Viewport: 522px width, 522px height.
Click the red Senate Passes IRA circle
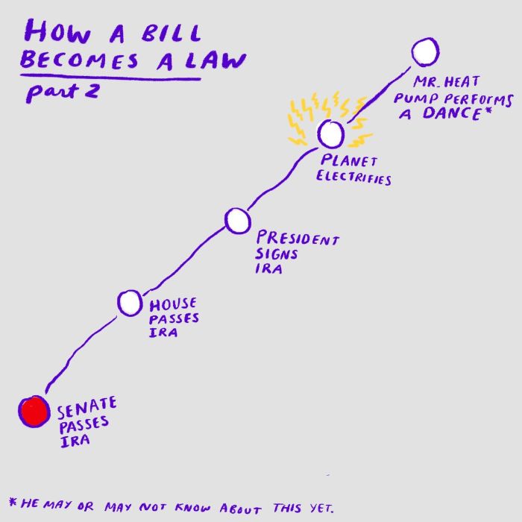click(34, 412)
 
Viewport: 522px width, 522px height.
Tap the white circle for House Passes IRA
click(129, 303)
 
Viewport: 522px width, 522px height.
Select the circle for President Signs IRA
click(236, 220)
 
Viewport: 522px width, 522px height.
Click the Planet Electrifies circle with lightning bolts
click(331, 134)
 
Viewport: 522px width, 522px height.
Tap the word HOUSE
click(173, 304)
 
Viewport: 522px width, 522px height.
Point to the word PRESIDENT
click(298, 239)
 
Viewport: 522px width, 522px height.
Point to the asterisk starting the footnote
click(12, 501)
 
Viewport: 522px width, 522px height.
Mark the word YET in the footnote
click(317, 507)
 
